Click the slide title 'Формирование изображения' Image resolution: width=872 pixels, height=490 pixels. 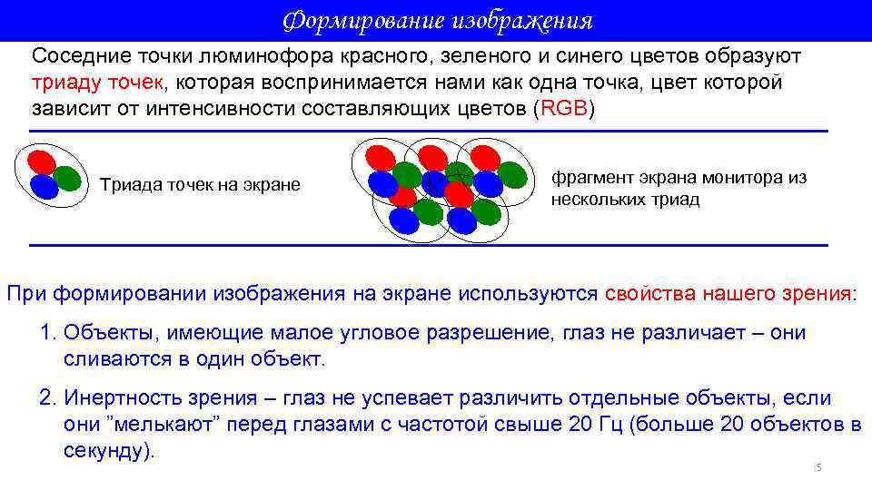(437, 20)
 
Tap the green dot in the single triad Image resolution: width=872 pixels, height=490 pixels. (67, 178)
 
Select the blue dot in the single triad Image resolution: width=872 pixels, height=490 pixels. (44, 187)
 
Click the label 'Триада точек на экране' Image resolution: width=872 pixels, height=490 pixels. (199, 185)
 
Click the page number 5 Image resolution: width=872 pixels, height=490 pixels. (817, 468)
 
